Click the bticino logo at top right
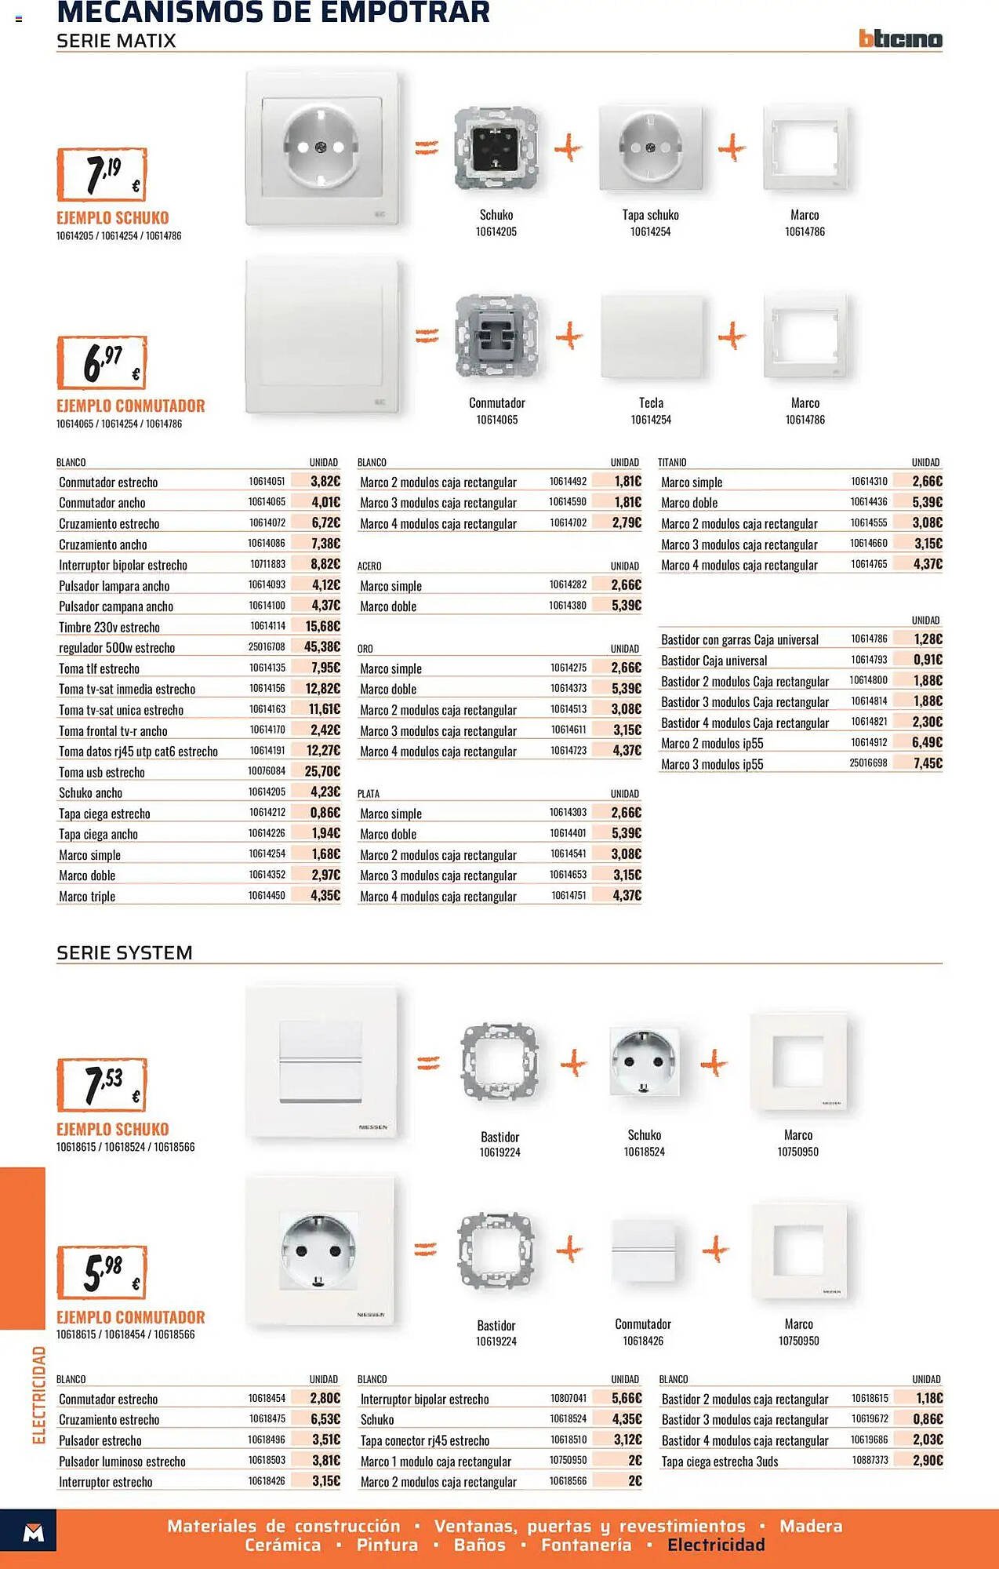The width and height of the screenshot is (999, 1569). coord(900,38)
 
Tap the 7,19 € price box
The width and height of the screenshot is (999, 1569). coord(102,174)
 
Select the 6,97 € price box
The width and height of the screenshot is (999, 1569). coord(102,362)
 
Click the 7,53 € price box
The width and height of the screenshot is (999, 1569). coord(102,1084)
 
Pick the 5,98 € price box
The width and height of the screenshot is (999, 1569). coord(102,1272)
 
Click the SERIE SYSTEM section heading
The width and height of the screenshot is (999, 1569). coord(125,952)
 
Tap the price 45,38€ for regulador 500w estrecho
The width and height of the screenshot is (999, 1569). coord(322,647)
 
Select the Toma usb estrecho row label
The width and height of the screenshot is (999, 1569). coord(102,772)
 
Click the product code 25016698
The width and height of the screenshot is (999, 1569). coord(868,763)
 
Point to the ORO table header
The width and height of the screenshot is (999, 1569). coord(365,649)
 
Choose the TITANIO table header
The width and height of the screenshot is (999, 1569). coord(672,463)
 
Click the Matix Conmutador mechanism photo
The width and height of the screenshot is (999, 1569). coord(496,337)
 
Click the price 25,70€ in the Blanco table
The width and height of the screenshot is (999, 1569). coord(322,772)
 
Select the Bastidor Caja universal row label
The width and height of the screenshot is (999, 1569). coord(714,661)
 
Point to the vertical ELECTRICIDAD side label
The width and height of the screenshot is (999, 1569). coord(38,1395)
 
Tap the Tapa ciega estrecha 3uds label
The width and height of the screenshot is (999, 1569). coord(720,1462)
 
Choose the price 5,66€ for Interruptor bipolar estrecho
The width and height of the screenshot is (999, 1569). coord(627,1399)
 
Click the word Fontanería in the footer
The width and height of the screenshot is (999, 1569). coord(586,1545)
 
